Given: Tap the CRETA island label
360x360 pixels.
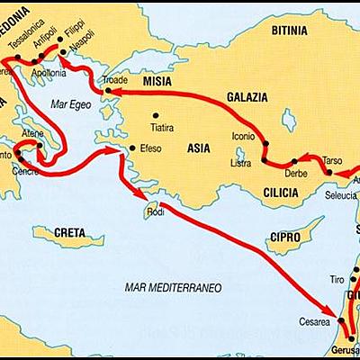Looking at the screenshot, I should pyautogui.click(x=69, y=232).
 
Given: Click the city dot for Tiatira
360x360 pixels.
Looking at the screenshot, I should pyautogui.click(x=156, y=114).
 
